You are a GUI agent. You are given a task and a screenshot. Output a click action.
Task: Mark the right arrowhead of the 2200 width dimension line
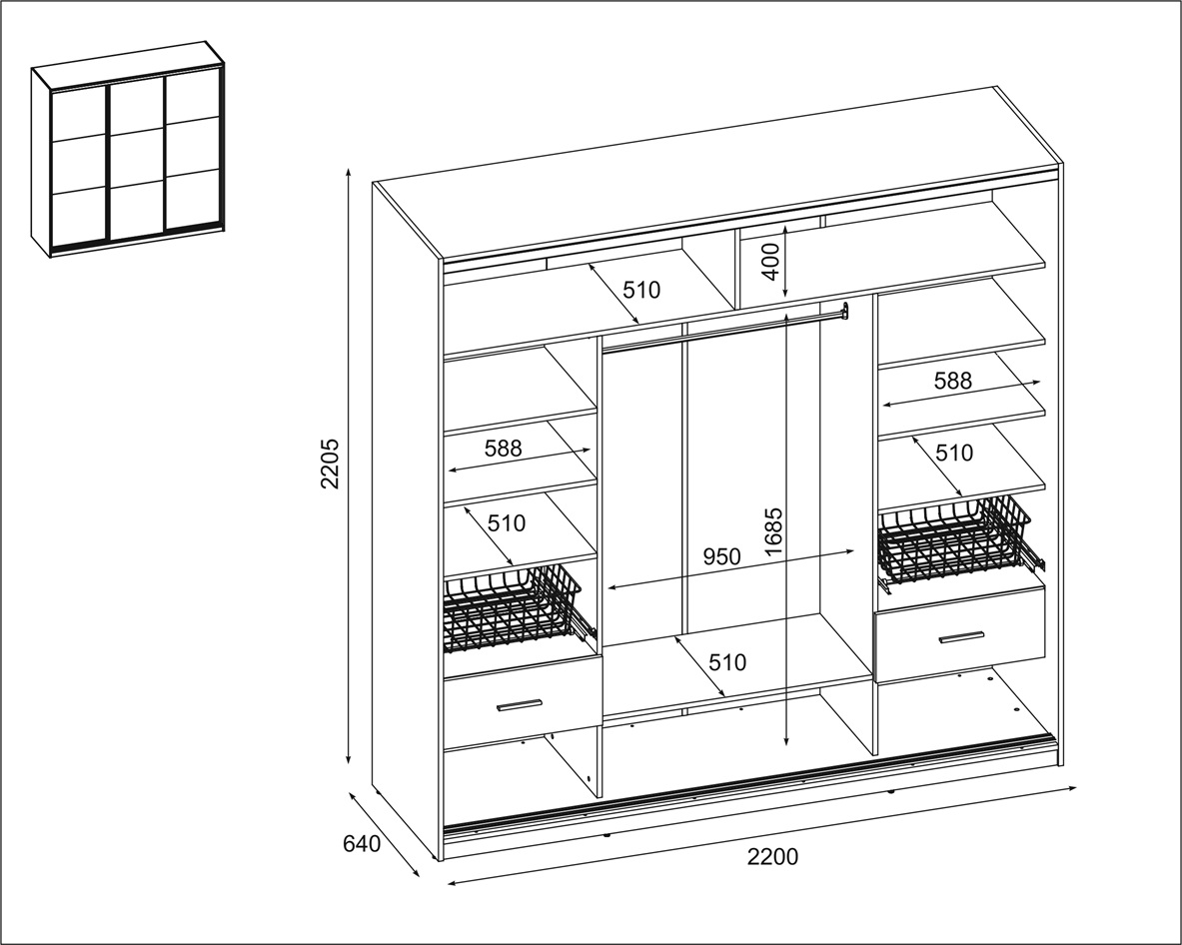1073,789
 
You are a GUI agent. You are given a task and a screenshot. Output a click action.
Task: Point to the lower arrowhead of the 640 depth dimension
416,874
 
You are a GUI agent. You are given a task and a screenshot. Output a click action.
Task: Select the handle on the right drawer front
962,636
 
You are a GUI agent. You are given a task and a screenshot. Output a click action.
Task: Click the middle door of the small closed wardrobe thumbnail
138,158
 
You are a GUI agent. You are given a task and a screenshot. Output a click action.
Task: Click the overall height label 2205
330,464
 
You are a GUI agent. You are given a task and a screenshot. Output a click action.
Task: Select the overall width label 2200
772,857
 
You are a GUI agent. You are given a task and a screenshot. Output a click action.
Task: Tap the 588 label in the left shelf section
503,449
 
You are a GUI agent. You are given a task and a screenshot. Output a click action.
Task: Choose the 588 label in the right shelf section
953,381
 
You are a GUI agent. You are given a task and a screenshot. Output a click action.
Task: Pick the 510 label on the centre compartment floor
727,662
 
